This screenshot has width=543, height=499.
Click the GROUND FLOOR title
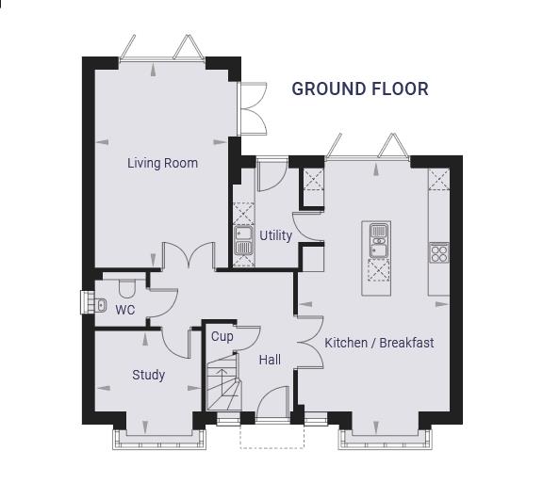[360, 89]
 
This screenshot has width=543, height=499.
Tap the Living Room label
[162, 163]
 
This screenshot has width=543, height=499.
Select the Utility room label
[275, 235]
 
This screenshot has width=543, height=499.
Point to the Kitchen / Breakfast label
[379, 343]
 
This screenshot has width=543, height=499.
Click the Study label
[149, 375]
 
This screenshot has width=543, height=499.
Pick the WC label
[125, 310]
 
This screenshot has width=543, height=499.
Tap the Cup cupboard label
[222, 336]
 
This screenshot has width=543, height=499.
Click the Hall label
[270, 360]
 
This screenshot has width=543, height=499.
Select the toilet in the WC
[127, 289]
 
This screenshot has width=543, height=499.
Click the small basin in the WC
[100, 305]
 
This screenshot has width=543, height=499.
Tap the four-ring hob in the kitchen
[439, 252]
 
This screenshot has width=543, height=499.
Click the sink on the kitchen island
[379, 240]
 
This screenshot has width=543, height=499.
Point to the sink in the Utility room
[243, 240]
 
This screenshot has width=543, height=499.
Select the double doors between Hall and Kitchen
[310, 342]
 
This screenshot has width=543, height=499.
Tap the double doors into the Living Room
[189, 255]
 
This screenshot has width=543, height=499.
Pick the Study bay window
[159, 440]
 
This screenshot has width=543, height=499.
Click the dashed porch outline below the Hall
[271, 437]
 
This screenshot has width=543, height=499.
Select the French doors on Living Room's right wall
[253, 108]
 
